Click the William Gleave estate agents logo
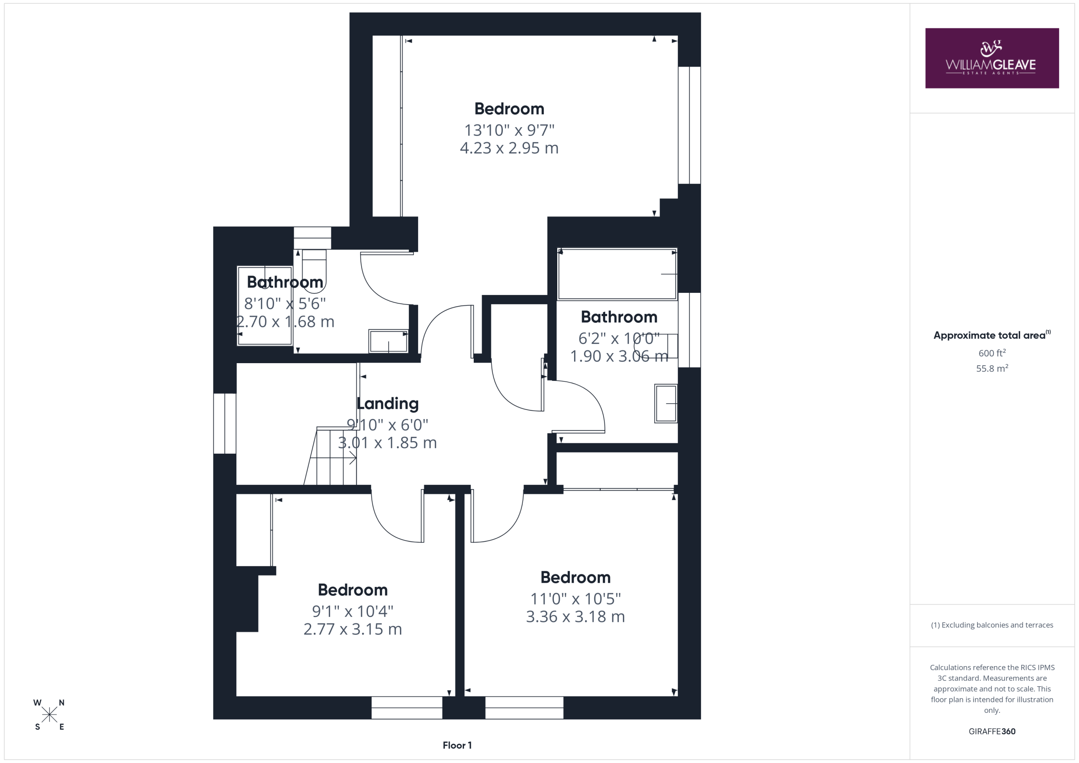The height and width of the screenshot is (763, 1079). (992, 58)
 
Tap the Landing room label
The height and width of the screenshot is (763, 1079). (387, 404)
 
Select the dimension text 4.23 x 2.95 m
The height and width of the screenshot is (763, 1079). (509, 148)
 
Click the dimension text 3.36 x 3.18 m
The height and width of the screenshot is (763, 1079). (575, 616)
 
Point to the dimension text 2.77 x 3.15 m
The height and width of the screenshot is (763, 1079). (352, 629)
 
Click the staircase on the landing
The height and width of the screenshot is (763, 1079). (330, 456)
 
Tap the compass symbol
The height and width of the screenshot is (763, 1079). (49, 715)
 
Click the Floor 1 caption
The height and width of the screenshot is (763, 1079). (457, 745)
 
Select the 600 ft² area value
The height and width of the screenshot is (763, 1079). (992, 353)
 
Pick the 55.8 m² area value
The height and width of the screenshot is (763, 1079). (992, 368)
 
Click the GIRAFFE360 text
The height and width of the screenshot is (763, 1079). (992, 731)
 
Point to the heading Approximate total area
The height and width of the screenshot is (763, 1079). (992, 335)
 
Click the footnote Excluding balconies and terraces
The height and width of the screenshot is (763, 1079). (992, 625)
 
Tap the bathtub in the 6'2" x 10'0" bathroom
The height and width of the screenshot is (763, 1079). (617, 274)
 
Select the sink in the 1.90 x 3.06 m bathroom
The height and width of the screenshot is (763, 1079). (666, 404)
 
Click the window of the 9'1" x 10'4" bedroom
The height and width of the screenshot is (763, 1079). (406, 707)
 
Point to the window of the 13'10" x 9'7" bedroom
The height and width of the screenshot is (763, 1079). (690, 125)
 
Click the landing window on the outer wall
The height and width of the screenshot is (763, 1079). (225, 423)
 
